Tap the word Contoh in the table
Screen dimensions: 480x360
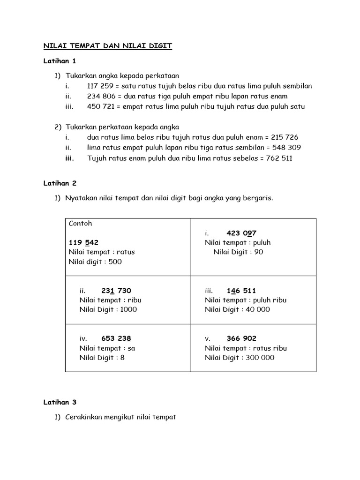click(81, 224)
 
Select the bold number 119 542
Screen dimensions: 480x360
click(83, 242)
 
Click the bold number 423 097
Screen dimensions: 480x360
click(241, 233)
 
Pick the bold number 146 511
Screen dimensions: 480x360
click(241, 291)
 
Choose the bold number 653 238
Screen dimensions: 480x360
click(116, 338)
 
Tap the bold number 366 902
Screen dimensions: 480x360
click(241, 338)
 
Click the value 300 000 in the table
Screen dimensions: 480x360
click(259, 358)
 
